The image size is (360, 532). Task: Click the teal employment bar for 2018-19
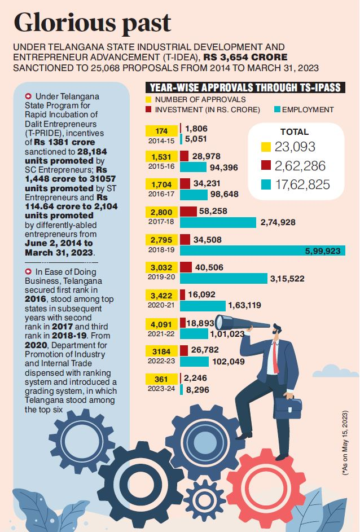(x=262, y=250)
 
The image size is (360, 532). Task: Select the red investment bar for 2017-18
(x=188, y=212)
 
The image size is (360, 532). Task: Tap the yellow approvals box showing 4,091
(x=161, y=324)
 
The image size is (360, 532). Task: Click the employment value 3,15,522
(x=287, y=279)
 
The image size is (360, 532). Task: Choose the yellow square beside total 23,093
(x=266, y=147)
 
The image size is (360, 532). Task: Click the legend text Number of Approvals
(x=200, y=99)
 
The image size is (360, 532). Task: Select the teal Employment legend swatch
(x=277, y=109)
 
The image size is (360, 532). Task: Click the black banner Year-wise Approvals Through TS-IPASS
(x=245, y=87)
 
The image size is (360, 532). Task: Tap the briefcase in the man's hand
(x=288, y=407)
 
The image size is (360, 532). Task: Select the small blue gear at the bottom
(x=204, y=500)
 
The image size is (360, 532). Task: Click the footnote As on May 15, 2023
(x=345, y=442)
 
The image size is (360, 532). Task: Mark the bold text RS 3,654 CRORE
(x=245, y=57)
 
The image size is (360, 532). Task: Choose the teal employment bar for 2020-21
(x=203, y=306)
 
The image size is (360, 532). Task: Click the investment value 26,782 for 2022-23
(x=205, y=350)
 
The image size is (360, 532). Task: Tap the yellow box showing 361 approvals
(x=161, y=379)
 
